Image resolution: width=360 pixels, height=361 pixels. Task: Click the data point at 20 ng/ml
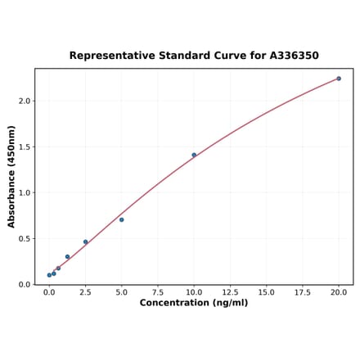pyautogui.click(x=339, y=79)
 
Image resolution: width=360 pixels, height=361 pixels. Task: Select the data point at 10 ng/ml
pyautogui.click(x=194, y=155)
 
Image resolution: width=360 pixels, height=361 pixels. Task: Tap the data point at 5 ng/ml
pyautogui.click(x=122, y=219)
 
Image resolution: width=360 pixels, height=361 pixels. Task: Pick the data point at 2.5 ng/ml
pyautogui.click(x=85, y=241)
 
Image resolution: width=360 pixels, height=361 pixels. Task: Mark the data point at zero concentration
pyautogui.click(x=49, y=275)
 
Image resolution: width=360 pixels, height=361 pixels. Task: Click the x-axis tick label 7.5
pyautogui.click(x=158, y=291)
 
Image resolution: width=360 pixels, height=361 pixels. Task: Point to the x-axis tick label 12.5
pyautogui.click(x=230, y=291)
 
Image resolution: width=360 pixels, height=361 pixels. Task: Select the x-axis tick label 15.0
pyautogui.click(x=266, y=291)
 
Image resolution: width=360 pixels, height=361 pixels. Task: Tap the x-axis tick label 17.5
pyautogui.click(x=303, y=291)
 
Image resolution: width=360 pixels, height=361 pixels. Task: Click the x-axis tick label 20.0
pyautogui.click(x=339, y=291)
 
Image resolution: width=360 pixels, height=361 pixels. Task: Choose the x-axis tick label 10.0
pyautogui.click(x=194, y=291)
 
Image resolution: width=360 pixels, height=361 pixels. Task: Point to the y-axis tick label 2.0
pyautogui.click(x=25, y=102)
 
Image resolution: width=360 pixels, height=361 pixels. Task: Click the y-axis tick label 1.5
pyautogui.click(x=25, y=147)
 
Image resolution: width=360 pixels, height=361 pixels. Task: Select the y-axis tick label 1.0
pyautogui.click(x=25, y=193)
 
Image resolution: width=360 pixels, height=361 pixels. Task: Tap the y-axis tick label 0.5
pyautogui.click(x=25, y=239)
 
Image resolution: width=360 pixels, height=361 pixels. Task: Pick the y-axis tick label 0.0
pyautogui.click(x=25, y=285)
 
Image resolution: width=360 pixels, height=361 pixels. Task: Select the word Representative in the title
pyautogui.click(x=109, y=56)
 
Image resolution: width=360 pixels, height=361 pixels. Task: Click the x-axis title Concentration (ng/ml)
pyautogui.click(x=194, y=303)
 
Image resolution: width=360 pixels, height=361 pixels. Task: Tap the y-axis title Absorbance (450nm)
pyautogui.click(x=11, y=177)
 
